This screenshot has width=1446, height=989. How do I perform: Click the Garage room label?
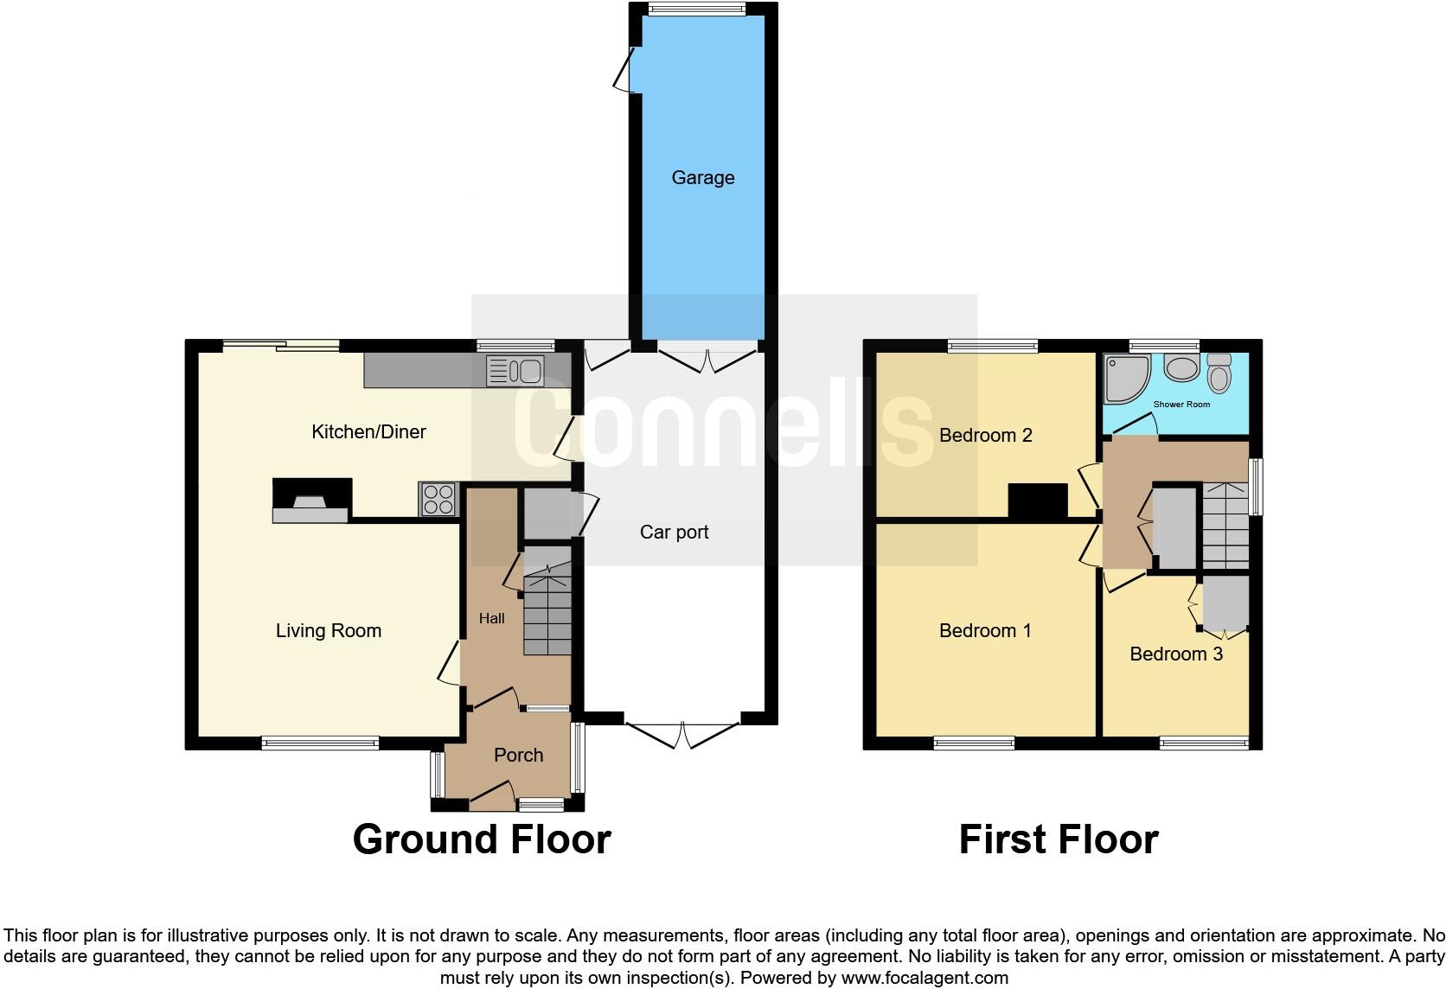tap(702, 178)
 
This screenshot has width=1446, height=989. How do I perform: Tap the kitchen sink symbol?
tap(515, 371)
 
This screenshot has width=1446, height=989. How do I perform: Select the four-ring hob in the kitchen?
tap(438, 499)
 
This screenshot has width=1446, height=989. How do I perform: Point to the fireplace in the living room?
tap(311, 501)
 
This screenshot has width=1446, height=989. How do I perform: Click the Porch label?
tap(518, 756)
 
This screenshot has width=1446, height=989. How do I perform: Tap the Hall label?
tap(491, 618)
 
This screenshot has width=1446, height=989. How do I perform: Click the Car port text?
tap(674, 533)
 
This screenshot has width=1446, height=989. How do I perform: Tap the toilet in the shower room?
tap(1219, 373)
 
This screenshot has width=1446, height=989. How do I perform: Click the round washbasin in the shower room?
tap(1180, 368)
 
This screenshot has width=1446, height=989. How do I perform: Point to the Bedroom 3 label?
tap(1175, 654)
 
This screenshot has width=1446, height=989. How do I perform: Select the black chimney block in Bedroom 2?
tap(1038, 501)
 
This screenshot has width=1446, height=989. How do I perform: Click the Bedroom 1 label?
tap(984, 631)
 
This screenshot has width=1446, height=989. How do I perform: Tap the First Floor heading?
tap(1058, 839)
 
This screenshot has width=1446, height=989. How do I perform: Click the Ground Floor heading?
tap(482, 839)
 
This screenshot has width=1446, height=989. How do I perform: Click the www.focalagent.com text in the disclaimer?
tap(925, 979)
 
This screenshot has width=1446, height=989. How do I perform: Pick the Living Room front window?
tap(320, 743)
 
